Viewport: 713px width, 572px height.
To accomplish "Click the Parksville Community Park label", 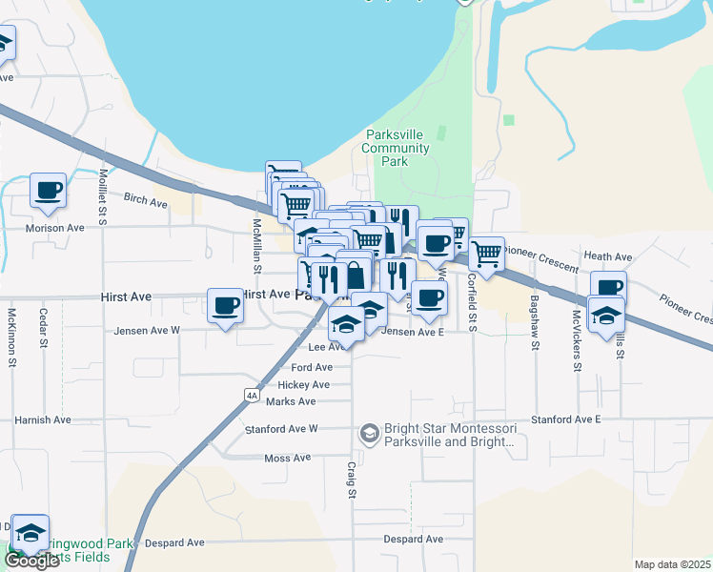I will tap(397, 148).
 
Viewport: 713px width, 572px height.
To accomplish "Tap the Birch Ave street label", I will tap(146, 197).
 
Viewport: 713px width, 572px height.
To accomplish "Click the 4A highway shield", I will tap(252, 394).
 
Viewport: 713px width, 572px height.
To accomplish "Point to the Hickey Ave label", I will tap(303, 385).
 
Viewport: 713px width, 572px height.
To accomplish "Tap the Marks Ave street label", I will tap(291, 401).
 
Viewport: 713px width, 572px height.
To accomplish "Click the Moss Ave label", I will tap(288, 459).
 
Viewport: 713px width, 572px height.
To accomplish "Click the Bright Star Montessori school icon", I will tap(368, 434).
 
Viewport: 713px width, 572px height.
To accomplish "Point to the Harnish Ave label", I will tap(43, 419).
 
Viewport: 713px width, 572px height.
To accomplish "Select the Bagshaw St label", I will tap(533, 313).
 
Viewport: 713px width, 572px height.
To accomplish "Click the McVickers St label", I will tap(577, 327).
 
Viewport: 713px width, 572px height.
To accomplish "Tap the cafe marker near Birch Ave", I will tap(48, 190).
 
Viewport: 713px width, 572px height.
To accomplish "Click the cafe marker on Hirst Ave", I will tap(226, 305).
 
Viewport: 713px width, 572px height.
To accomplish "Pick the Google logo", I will tap(32, 561).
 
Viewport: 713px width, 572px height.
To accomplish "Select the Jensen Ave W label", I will tap(147, 331).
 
